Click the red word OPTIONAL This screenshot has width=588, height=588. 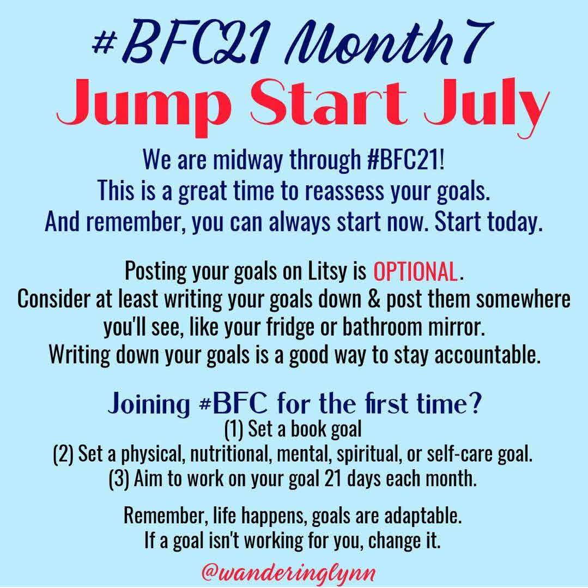(x=415, y=271)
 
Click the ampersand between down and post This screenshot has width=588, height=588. (x=373, y=300)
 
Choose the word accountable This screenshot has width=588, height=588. (x=488, y=355)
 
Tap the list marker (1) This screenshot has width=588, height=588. (x=234, y=429)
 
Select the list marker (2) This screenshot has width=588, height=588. (x=63, y=454)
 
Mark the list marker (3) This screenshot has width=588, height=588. (x=119, y=479)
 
